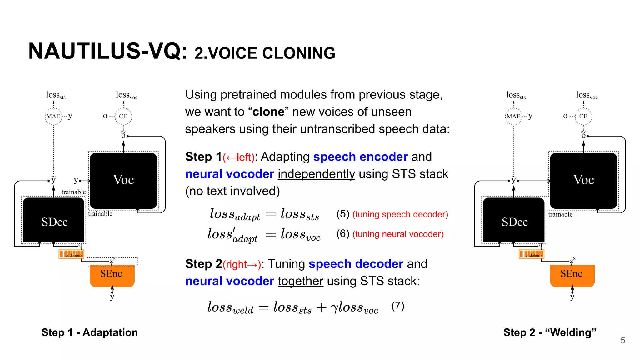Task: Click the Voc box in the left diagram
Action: coord(123,180)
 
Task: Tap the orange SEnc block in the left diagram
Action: coord(112,275)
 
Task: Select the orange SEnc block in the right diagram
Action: coord(572,275)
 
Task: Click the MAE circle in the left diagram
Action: coord(53,116)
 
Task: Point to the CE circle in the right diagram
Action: coord(583,116)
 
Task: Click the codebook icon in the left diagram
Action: coord(71,254)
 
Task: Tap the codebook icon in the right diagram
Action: coord(531,254)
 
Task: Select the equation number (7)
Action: coord(398,306)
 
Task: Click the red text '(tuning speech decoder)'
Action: coord(400,214)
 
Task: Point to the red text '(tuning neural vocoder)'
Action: coord(398,234)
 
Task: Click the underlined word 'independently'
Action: coord(316,174)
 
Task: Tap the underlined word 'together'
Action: coord(300,281)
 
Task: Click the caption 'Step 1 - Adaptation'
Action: coord(90,332)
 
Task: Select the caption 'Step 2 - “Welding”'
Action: coord(550,332)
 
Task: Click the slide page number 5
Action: coord(622,340)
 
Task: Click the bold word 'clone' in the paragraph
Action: coord(268,112)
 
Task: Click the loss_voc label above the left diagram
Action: coord(127,95)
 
